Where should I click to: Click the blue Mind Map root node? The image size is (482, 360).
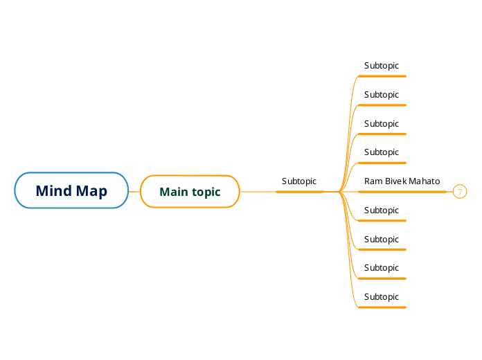(71, 190)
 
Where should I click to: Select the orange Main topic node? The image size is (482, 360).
(190, 192)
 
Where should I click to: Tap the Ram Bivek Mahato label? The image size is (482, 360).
(402, 181)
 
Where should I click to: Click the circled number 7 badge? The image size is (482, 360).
(459, 192)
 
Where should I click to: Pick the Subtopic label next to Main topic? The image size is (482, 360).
(298, 181)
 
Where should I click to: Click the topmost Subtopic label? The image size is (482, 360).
(382, 66)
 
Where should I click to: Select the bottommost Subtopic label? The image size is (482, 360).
(382, 297)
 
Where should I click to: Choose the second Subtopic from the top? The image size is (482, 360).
(382, 95)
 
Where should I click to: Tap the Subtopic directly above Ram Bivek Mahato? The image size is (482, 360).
(382, 152)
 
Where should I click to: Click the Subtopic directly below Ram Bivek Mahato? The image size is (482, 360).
(382, 210)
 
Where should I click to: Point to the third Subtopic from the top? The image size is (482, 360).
(382, 124)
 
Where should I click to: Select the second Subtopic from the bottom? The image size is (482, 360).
(382, 268)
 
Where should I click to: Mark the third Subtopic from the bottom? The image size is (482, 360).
(382, 240)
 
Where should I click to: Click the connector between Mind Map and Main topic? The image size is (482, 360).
(134, 191)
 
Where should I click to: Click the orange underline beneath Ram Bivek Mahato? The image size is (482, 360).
(402, 192)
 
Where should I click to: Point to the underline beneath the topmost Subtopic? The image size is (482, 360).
(382, 76)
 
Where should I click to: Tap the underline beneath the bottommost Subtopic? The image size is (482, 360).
(382, 307)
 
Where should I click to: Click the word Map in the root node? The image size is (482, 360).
(92, 191)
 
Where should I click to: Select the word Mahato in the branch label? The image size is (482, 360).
(424, 181)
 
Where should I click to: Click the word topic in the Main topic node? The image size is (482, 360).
(206, 192)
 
